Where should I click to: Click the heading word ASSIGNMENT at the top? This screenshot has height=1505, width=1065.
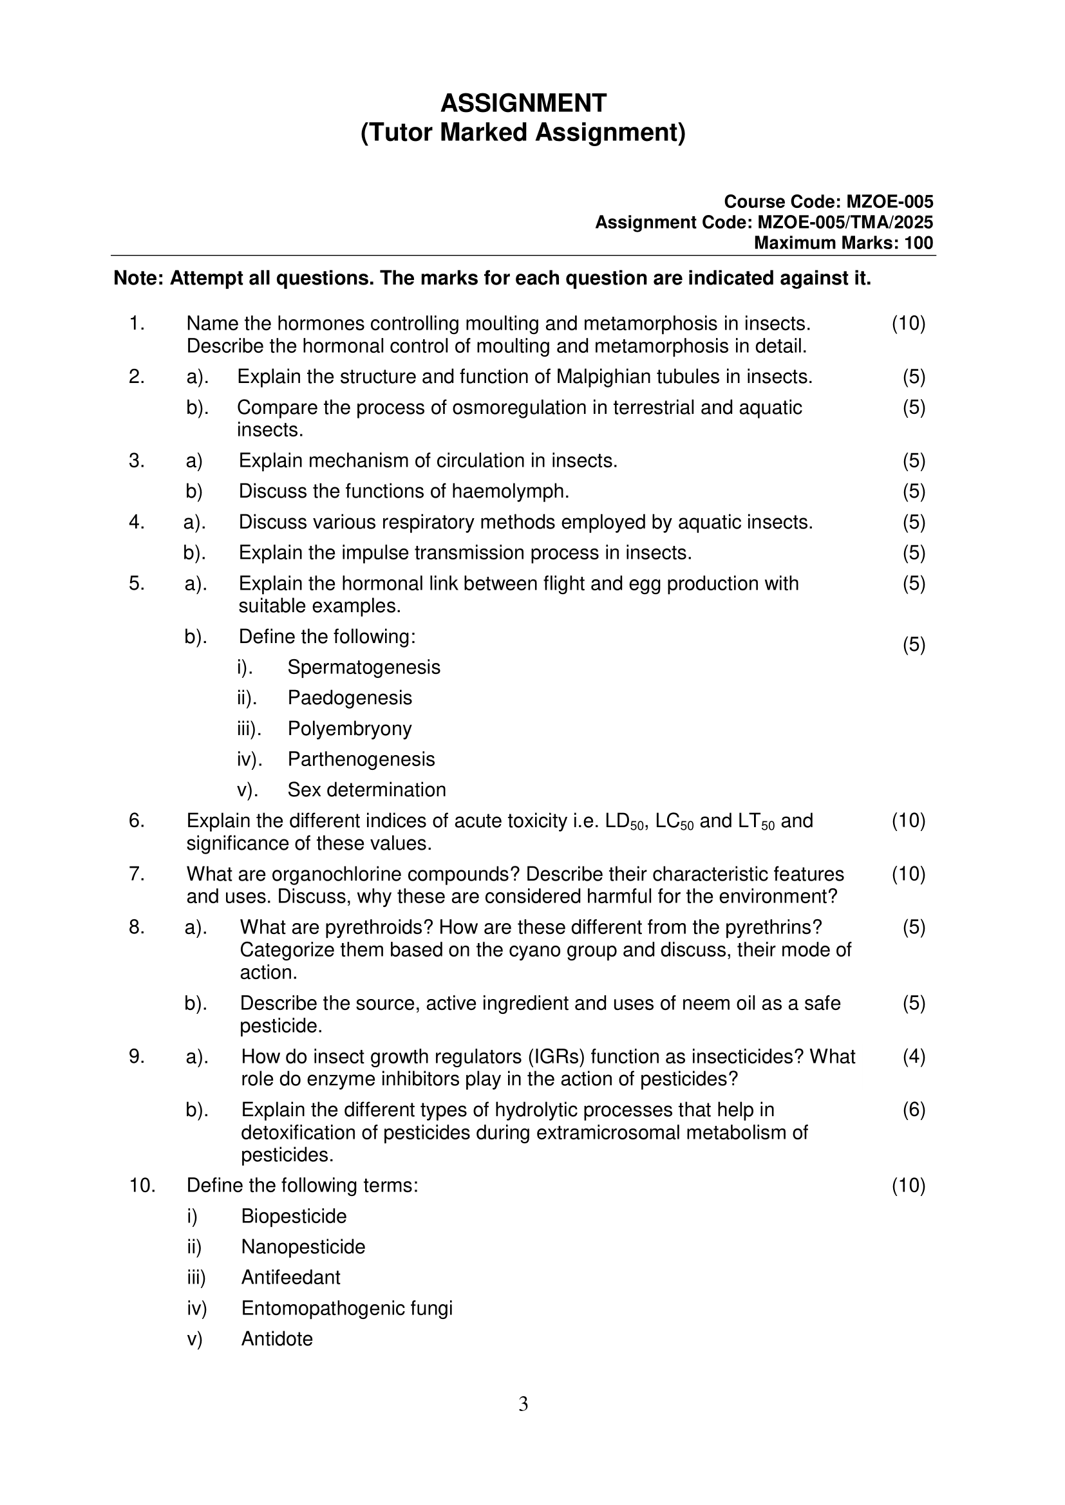pyautogui.click(x=523, y=104)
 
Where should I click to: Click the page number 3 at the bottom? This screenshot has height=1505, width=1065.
pyautogui.click(x=523, y=1404)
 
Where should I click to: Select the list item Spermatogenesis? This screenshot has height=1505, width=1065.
pyautogui.click(x=364, y=668)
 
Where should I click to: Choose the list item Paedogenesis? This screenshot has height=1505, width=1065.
pyautogui.click(x=350, y=698)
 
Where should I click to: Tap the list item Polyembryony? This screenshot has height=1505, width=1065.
pyautogui.click(x=350, y=729)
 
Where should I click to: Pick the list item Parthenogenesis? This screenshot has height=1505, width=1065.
pyautogui.click(x=361, y=759)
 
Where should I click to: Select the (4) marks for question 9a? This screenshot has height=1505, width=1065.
pyautogui.click(x=914, y=1056)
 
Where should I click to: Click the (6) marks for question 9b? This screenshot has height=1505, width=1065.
pyautogui.click(x=914, y=1110)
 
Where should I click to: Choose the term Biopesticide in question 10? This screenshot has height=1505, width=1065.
pyautogui.click(x=294, y=1216)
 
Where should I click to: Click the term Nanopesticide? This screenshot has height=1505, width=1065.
pyautogui.click(x=303, y=1247)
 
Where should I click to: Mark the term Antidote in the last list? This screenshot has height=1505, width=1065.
pyautogui.click(x=277, y=1338)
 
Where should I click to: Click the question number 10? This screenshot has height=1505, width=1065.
pyautogui.click(x=142, y=1185)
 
